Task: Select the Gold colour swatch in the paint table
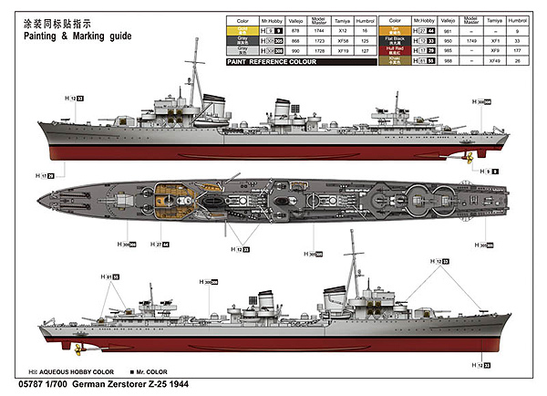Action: pos(243,30)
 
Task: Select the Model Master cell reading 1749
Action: pos(471,40)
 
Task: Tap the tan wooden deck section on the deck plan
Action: pos(167,198)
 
